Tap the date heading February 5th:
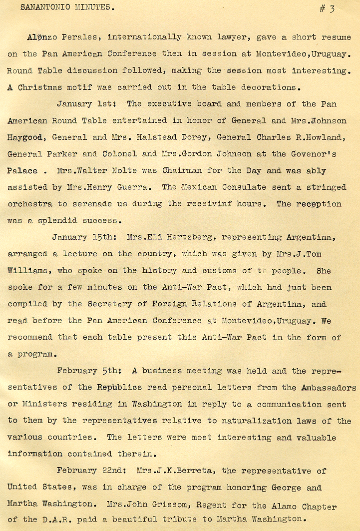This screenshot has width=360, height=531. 88,371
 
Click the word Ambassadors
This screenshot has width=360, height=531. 328,388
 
